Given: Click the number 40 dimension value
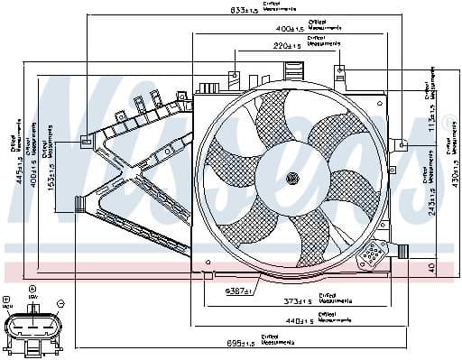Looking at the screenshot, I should coord(430,267).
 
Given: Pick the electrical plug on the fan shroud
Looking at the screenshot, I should coord(371,257).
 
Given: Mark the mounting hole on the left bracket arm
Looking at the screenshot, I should coord(86,140).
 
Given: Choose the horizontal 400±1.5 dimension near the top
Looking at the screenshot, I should coord(290,28).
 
